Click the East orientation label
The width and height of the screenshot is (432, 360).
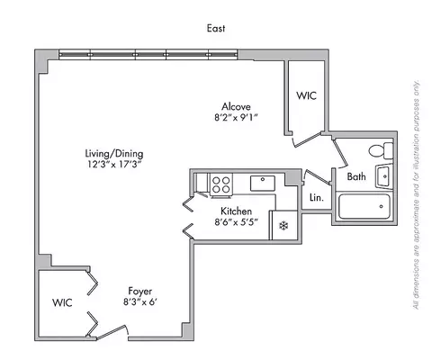pos(216,29)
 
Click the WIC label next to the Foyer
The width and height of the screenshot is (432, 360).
pos(61,303)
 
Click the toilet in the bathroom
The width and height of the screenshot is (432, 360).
pos(387,150)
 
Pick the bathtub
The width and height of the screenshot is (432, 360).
pos(364,209)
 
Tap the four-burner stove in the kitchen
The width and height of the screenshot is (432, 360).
pos(220,184)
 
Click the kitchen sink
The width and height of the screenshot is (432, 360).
pos(263,181)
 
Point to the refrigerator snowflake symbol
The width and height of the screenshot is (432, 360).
pos(283,225)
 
